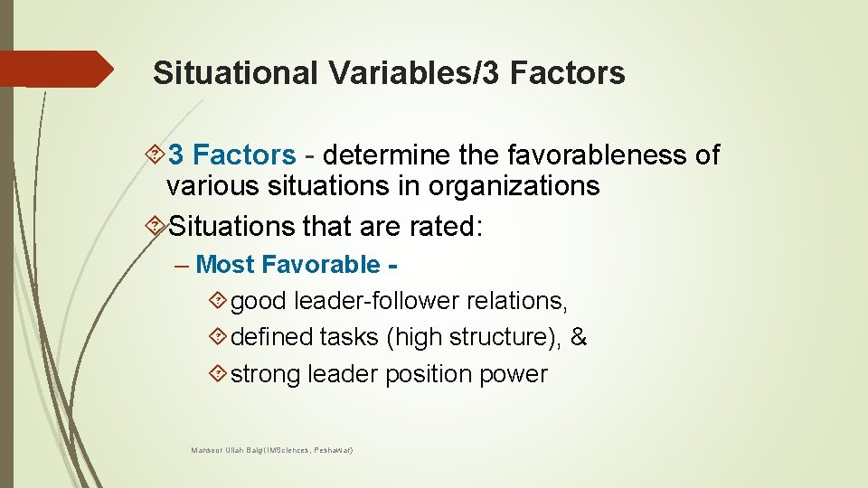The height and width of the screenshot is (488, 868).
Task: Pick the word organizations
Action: [514, 186]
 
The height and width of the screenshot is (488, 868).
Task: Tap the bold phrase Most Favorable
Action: [288, 265]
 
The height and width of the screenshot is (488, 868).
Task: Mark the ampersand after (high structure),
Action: [580, 337]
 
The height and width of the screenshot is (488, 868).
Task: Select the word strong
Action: [266, 374]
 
